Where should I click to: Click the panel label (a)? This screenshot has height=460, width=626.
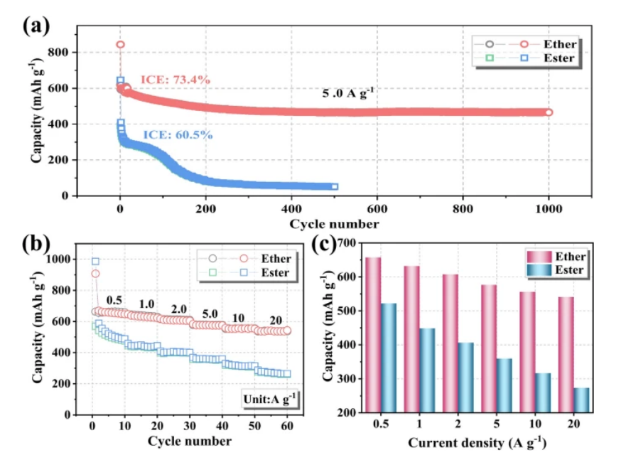tap(36, 26)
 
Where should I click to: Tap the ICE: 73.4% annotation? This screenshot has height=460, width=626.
tap(175, 80)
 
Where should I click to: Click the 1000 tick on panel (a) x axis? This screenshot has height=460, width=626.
tap(548, 211)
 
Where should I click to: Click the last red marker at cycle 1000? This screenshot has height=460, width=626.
tap(548, 112)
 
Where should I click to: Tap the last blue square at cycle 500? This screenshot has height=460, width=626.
tap(335, 187)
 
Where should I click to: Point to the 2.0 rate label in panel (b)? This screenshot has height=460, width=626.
tap(178, 309)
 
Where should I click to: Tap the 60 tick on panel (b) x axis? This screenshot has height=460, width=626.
tap(288, 427)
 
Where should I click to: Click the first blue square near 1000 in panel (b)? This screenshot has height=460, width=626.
tap(95, 261)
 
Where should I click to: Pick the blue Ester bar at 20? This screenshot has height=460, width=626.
tap(581, 399)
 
